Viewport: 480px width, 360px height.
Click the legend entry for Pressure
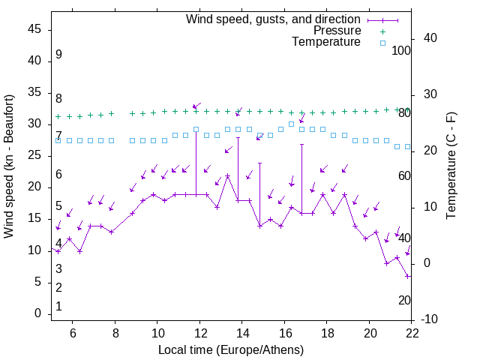[337, 31]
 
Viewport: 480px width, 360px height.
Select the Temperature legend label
[326, 42]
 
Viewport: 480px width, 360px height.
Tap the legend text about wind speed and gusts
[273, 19]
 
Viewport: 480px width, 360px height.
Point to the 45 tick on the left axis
[34, 29]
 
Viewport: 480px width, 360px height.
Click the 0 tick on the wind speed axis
[37, 313]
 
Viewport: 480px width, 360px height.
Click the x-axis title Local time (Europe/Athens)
[231, 349]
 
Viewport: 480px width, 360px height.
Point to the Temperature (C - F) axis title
[451, 166]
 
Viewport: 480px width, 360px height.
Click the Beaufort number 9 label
[58, 55]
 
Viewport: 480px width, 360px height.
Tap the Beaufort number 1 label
[58, 306]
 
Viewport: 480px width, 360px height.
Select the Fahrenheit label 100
[402, 50]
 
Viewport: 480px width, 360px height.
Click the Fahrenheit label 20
[404, 300]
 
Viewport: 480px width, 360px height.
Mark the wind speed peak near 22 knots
[227, 176]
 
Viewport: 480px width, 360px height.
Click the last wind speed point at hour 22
[407, 276]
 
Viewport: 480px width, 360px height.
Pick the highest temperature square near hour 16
[291, 124]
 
